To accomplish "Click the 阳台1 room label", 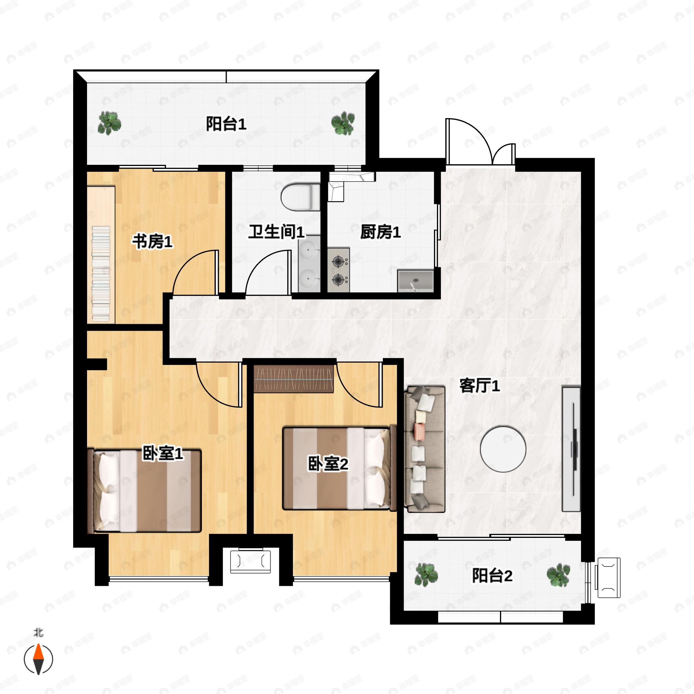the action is pos(226,124).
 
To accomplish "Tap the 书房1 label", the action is pos(153,241).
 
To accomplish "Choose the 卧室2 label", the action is pos(328,464).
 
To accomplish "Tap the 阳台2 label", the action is pos(492,575).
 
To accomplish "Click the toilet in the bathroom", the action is pos(300,197).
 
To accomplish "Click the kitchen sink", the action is pos(415,281).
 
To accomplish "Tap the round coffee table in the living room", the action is pos(503,449).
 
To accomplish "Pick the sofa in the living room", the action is pos(425,449).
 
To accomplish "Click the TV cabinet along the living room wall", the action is pos(571,449).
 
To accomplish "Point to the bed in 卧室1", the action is pos(144,491).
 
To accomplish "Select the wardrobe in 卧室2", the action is pos(294,379).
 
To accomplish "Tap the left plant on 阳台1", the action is pos(109,123).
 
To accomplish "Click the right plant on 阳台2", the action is pos(558,575).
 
